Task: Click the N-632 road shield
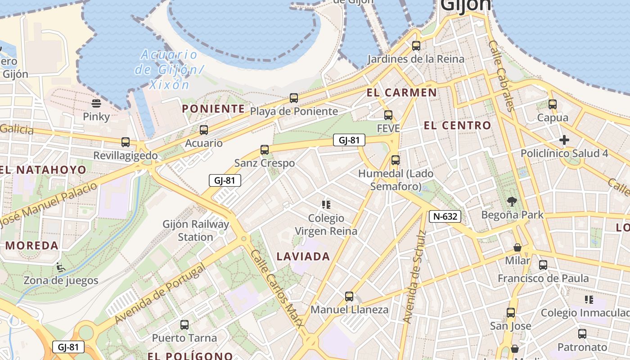(445, 216)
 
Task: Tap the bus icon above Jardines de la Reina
(416, 45)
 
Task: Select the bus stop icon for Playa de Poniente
(294, 98)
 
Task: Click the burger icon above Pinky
(96, 103)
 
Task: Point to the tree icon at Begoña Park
(512, 201)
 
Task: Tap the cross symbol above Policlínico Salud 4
(564, 140)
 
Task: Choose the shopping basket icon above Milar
(517, 247)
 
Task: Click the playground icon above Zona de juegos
(60, 267)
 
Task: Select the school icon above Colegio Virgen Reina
(326, 205)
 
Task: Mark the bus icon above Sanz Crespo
(265, 150)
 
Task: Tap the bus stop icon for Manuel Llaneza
(349, 297)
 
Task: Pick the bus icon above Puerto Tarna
(184, 324)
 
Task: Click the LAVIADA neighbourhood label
(303, 257)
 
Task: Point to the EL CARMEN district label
(401, 93)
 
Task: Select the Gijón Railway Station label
(196, 230)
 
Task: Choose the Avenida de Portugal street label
(160, 293)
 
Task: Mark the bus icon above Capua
(553, 104)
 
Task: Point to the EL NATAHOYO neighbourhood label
(44, 170)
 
